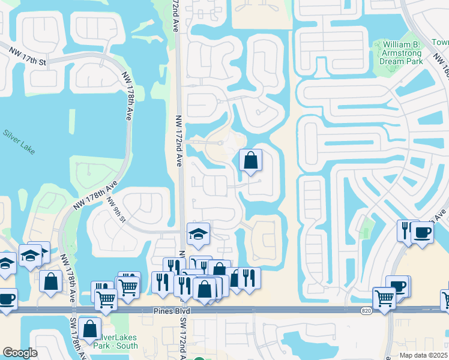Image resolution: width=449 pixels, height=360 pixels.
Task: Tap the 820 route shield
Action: coord(366,311)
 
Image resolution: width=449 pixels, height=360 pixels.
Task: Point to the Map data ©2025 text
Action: coord(423,355)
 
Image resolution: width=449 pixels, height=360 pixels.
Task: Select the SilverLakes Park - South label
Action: coord(116,341)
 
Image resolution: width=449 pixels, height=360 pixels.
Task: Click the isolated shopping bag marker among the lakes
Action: coord(251,161)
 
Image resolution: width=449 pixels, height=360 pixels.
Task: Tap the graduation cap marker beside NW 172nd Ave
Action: coord(198,235)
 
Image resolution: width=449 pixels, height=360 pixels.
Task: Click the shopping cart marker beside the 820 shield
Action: coord(384,298)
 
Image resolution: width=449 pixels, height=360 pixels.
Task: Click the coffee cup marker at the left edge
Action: coord(6,299)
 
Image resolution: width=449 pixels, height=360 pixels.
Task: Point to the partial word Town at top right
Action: coord(439,43)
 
